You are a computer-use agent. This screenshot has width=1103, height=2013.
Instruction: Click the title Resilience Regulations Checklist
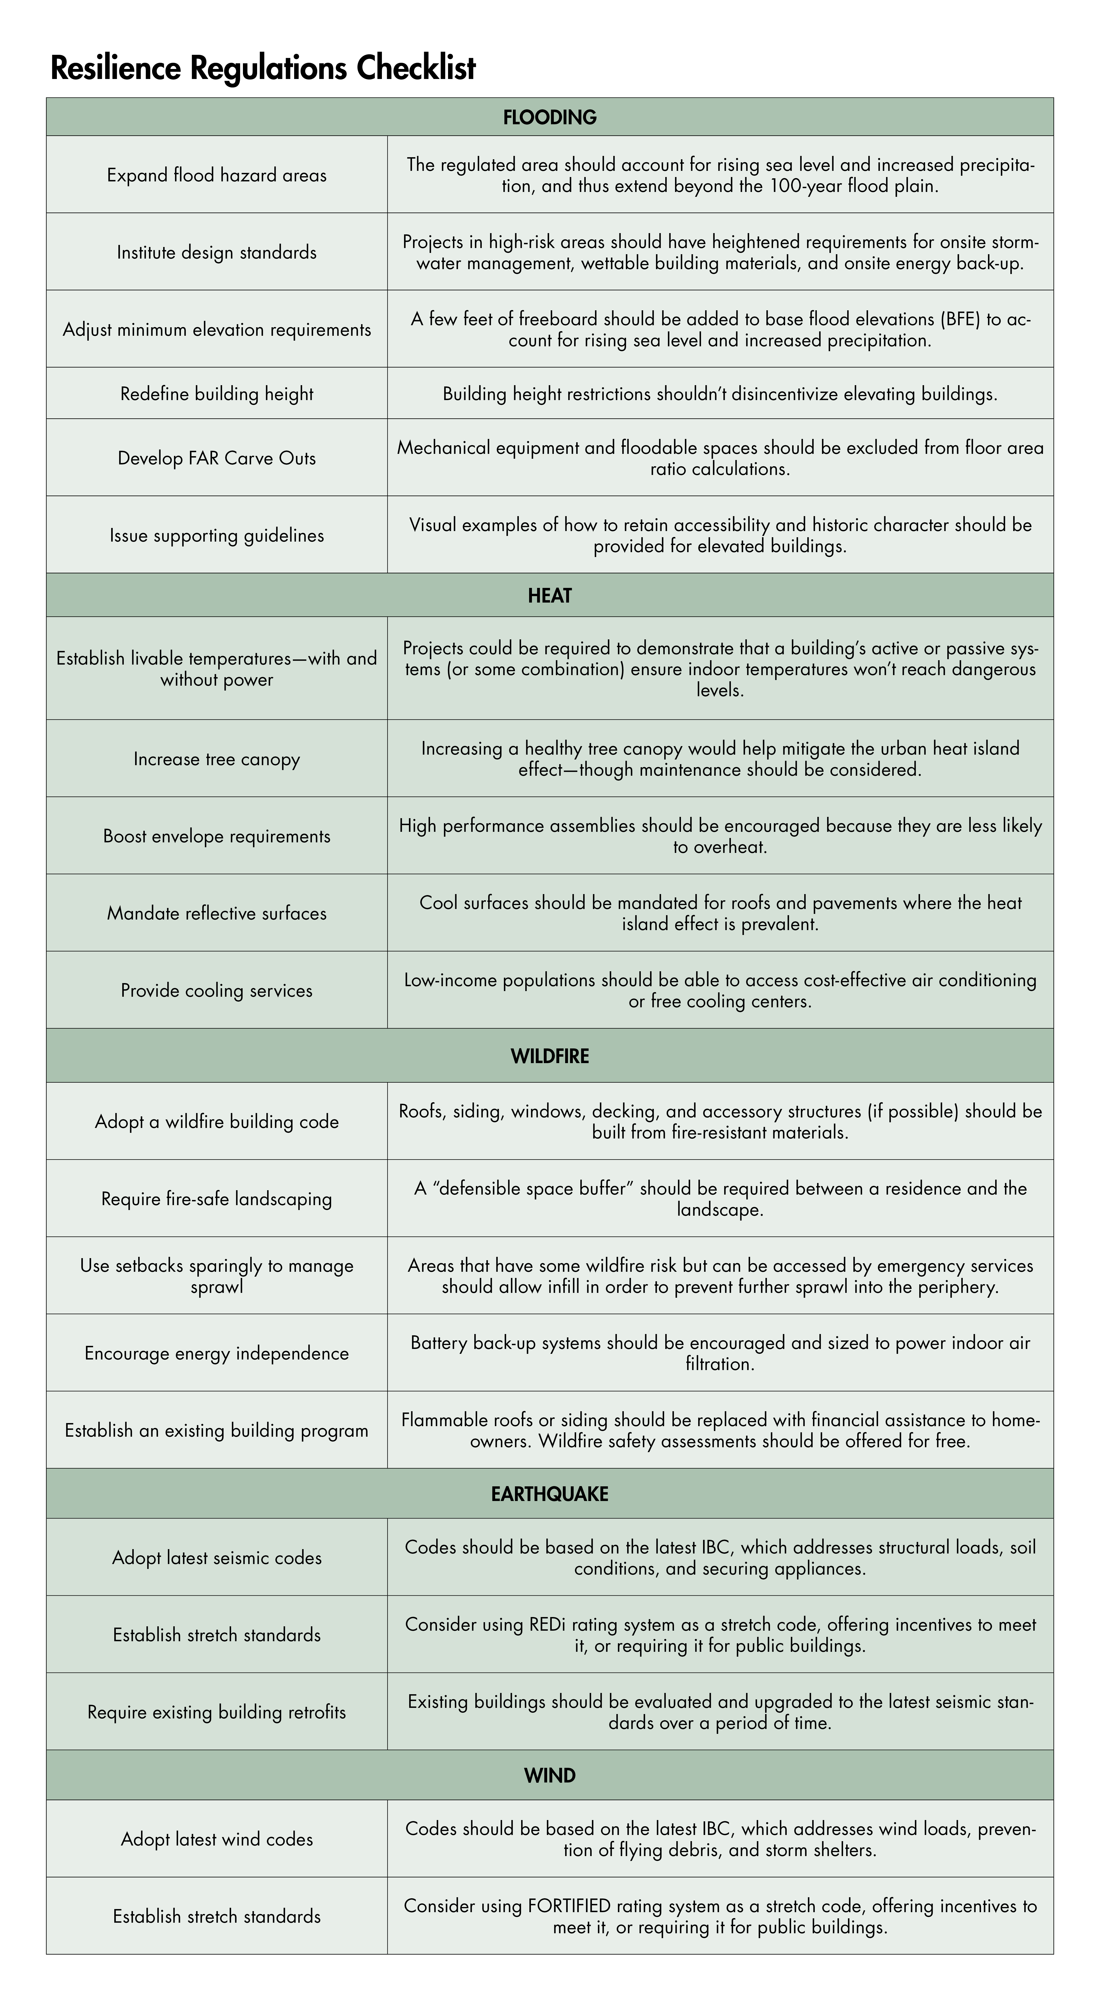point(263,69)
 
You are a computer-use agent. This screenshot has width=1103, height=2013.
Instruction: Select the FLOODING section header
point(549,117)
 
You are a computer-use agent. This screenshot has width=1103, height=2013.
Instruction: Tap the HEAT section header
point(549,595)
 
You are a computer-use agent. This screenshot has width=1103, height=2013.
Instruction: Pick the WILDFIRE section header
point(549,1056)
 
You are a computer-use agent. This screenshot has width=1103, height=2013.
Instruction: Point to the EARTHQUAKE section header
point(549,1493)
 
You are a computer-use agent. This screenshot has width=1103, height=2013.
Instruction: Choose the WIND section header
point(549,1775)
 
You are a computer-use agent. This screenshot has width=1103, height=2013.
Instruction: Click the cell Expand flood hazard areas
point(216,175)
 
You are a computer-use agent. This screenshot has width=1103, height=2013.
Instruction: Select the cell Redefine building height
point(216,394)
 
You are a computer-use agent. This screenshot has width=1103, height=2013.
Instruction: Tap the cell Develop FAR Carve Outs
point(216,458)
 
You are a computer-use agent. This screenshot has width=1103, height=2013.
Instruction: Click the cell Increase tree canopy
point(216,759)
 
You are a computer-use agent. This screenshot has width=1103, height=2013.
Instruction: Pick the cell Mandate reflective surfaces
point(216,913)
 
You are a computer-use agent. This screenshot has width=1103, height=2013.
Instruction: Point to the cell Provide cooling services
point(216,990)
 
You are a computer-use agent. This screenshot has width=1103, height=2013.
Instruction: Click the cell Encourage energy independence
point(216,1353)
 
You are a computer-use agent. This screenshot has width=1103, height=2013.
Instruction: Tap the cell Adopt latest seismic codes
point(216,1557)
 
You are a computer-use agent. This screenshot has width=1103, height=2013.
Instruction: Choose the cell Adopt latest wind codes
point(216,1839)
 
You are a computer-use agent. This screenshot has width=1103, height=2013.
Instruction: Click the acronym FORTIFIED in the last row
point(569,1906)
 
